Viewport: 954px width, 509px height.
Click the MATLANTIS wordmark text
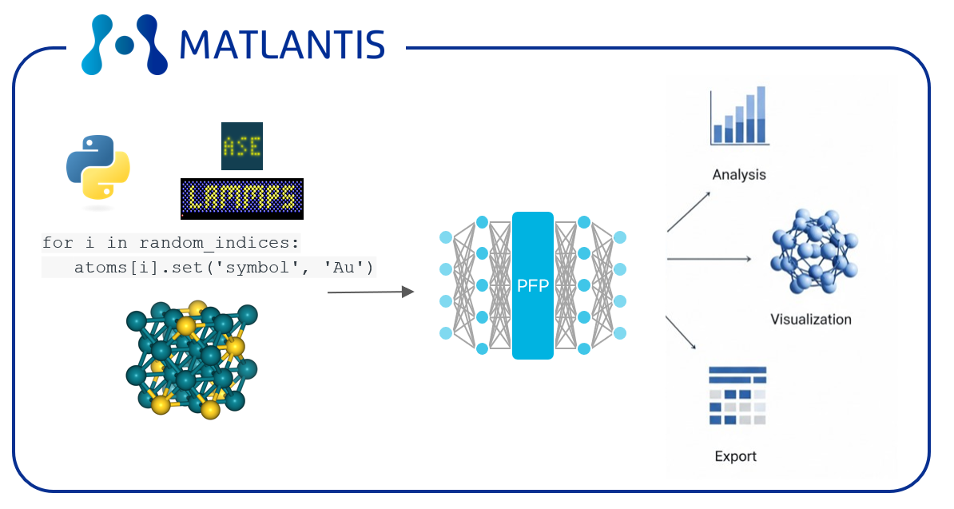(x=282, y=45)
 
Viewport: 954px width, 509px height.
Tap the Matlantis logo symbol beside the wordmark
(x=125, y=45)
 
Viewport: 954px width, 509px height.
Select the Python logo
(x=98, y=168)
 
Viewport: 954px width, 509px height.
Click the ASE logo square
(x=242, y=146)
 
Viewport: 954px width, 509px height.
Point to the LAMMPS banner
(x=242, y=199)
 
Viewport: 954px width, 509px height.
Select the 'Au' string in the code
(x=344, y=268)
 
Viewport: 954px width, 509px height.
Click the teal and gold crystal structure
(x=192, y=360)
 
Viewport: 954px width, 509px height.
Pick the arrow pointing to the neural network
(x=371, y=292)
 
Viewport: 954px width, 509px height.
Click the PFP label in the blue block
(x=533, y=286)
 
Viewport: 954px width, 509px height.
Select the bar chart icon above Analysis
(x=739, y=116)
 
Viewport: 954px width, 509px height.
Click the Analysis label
(x=739, y=174)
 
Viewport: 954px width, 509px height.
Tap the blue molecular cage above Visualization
(x=814, y=252)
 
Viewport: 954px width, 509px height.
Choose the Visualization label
(x=811, y=320)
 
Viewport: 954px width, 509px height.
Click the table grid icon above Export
(x=737, y=396)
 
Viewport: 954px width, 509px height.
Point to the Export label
(x=736, y=456)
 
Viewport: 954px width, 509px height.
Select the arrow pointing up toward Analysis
(x=689, y=212)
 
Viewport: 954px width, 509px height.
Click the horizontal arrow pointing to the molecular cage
(x=710, y=259)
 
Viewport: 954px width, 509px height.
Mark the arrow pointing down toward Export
(x=681, y=332)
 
